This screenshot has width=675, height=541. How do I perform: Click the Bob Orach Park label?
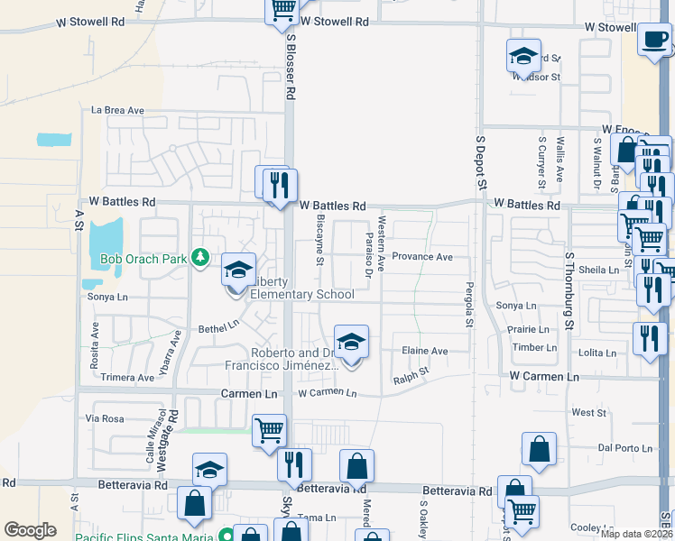click(143, 260)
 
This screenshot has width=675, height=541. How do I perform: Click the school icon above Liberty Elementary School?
click(238, 270)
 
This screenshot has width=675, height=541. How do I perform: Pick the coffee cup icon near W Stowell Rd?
click(653, 39)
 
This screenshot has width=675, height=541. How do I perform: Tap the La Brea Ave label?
click(117, 111)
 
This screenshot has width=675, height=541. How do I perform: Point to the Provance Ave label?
click(421, 257)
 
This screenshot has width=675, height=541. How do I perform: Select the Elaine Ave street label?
click(424, 351)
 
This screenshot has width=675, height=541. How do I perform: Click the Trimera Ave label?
click(127, 378)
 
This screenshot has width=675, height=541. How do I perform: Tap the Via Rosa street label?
click(104, 418)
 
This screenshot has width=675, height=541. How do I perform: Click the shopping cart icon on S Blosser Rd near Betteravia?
click(270, 430)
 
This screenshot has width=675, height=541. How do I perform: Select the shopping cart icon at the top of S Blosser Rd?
click(282, 9)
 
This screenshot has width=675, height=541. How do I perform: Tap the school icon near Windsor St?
click(523, 56)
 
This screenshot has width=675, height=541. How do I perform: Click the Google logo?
click(30, 530)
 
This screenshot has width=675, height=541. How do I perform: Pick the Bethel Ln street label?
click(219, 324)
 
